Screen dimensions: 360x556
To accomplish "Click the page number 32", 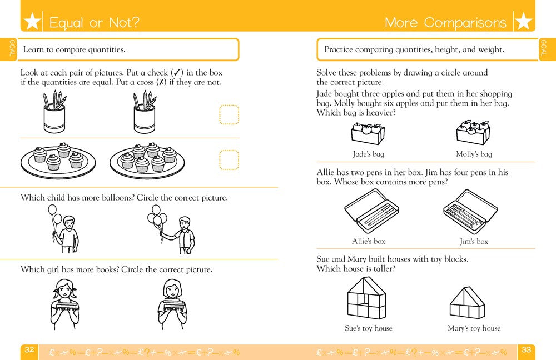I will tap(29, 350).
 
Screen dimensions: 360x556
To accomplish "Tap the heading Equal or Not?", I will tap(94, 23).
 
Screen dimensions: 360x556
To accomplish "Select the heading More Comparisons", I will tap(445, 23).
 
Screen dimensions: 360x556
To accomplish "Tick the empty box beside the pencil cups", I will tap(229, 115).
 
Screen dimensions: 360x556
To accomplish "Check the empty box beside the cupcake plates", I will tap(229, 159).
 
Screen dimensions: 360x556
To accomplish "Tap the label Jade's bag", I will tap(368, 154).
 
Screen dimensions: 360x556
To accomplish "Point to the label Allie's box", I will tap(368, 241).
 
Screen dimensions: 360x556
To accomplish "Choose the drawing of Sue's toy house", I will tap(368, 298).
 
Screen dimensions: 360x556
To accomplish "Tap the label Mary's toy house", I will tap(474, 328).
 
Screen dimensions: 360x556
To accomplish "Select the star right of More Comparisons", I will tap(524, 23).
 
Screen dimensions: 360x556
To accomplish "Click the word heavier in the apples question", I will tap(380, 113).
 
